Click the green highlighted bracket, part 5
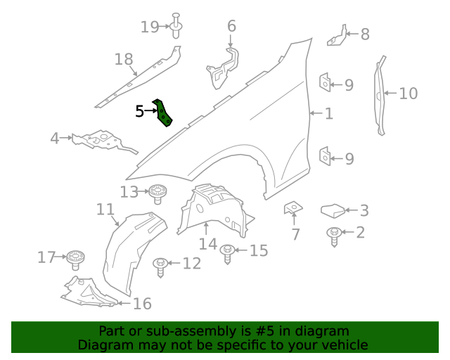point(163,112)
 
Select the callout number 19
point(150,27)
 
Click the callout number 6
point(231,27)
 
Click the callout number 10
point(408,93)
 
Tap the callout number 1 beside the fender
point(328,112)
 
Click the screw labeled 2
point(334,236)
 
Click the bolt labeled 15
point(227,252)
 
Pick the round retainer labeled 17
point(75,259)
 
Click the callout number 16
point(142,304)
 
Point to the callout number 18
point(124,60)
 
